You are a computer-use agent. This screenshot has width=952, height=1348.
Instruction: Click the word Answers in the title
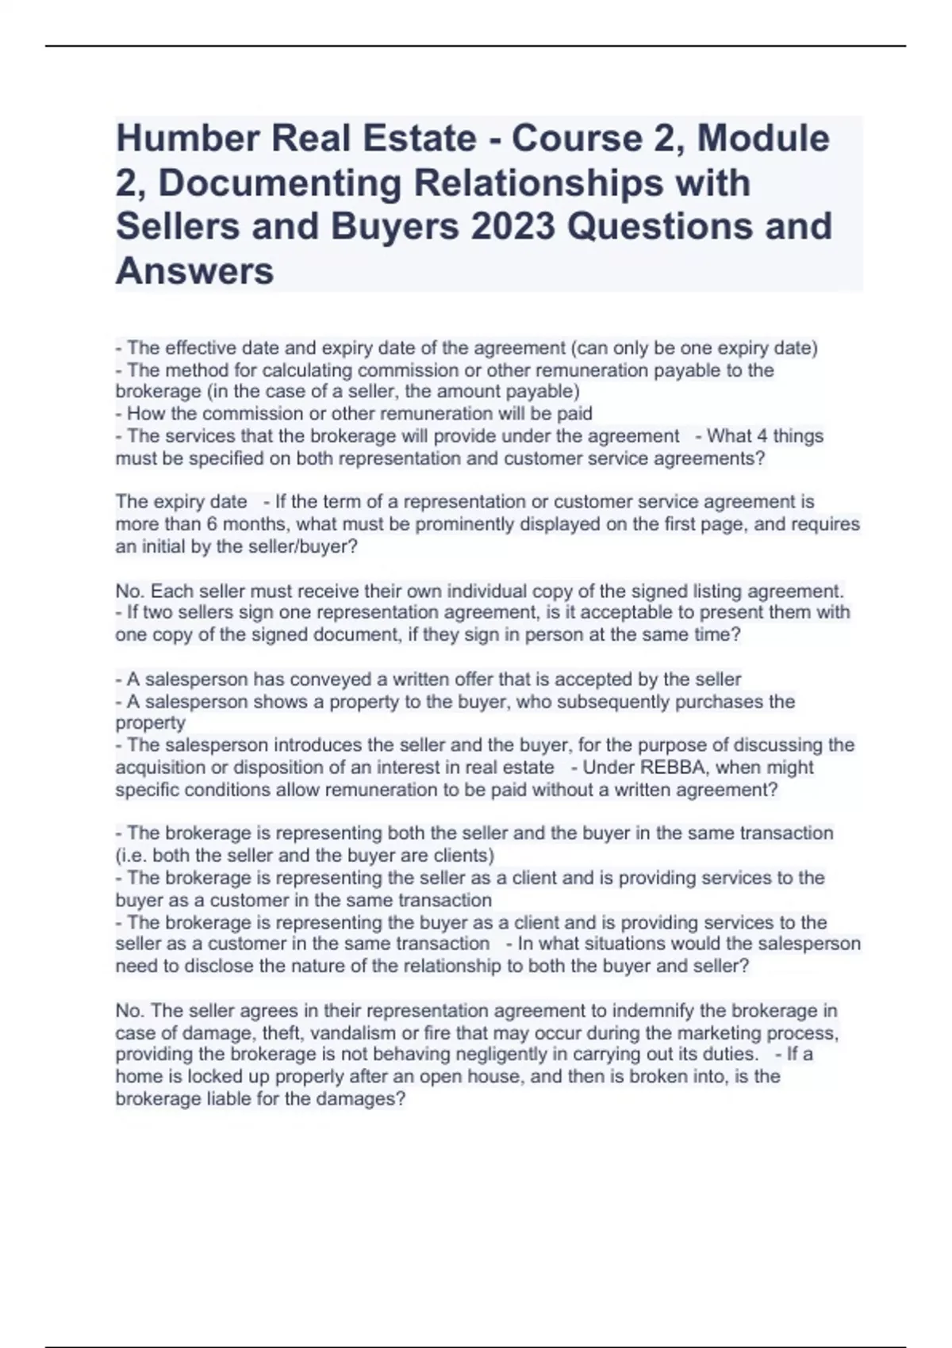(x=194, y=271)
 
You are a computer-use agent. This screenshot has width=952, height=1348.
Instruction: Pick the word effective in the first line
(x=200, y=348)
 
